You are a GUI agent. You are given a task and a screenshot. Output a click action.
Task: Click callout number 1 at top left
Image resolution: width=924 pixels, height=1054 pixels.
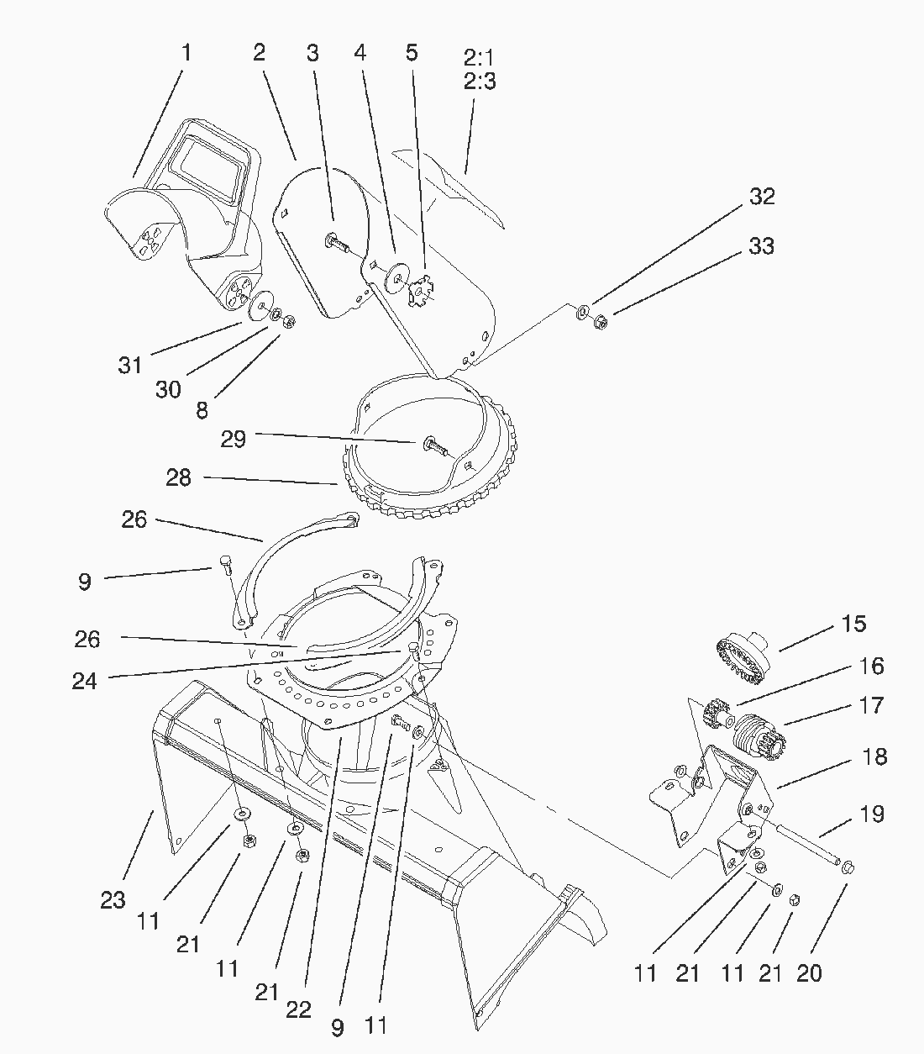tap(186, 53)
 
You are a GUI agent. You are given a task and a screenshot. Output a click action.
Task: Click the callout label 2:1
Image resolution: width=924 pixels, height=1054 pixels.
tap(479, 59)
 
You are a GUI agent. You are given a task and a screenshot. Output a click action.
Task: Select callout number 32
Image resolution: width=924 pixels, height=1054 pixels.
tap(761, 197)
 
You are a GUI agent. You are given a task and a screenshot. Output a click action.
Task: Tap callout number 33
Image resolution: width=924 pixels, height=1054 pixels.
tap(761, 246)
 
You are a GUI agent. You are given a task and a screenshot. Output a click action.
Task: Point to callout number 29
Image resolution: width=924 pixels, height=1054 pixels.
tap(233, 439)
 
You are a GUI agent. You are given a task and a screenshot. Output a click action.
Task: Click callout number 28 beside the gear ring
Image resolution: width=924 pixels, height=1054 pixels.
tap(178, 477)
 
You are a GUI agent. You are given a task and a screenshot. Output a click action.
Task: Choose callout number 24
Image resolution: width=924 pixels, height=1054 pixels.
tap(84, 680)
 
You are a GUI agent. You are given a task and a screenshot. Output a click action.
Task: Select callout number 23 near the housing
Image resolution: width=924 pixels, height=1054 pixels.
tap(113, 901)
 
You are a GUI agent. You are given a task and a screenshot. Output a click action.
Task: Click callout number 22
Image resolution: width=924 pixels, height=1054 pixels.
tap(298, 1009)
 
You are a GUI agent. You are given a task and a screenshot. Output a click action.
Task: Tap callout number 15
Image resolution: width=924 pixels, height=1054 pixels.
tap(853, 624)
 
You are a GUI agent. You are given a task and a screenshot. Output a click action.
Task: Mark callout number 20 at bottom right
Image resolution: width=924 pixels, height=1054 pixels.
tap(809, 973)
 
